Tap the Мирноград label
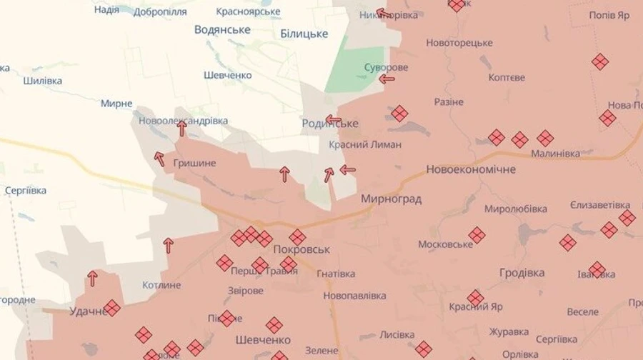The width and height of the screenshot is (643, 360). pos(391,199)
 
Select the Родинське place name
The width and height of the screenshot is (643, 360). pos(330,124)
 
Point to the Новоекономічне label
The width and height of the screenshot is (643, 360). pos(471,169)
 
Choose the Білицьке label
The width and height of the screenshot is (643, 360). pos(304,34)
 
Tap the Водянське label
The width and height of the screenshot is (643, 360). pos(222,29)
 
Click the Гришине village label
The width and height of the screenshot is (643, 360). pos(194,163)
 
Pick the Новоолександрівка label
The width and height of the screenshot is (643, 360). pos(184,121)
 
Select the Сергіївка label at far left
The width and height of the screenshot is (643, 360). pos(25,191)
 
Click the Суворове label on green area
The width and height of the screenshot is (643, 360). pos(386,67)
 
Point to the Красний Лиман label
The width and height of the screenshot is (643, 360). pos(365,144)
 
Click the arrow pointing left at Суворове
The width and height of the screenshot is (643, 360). pos(387,79)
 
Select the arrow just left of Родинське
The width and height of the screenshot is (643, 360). pos(333,119)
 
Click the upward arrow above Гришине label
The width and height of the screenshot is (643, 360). pos(182,128)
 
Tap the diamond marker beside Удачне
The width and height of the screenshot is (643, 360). pos(111,308)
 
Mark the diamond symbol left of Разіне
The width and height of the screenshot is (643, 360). pos(399,114)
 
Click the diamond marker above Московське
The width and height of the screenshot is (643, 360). pos(477,234)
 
